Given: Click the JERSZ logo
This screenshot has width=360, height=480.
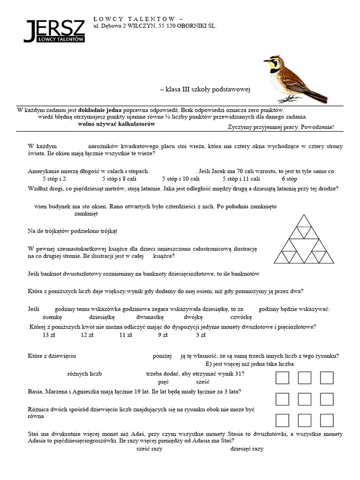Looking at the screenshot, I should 54,32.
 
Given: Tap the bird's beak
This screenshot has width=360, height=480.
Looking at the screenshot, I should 265,61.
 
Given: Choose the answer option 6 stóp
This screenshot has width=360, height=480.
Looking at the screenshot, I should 289,179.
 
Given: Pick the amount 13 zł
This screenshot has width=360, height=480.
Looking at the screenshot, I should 49,335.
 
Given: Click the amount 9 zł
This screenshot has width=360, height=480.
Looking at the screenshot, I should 163,335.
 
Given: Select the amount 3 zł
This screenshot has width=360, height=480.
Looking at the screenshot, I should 201,335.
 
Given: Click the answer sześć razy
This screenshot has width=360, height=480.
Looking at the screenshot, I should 149,449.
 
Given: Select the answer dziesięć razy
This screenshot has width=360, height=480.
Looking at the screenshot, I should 247,449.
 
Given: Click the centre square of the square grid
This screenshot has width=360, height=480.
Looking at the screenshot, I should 305,399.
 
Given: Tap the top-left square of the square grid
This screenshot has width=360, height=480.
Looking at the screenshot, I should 282,377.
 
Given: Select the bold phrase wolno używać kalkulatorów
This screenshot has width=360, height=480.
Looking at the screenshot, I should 116,124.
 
